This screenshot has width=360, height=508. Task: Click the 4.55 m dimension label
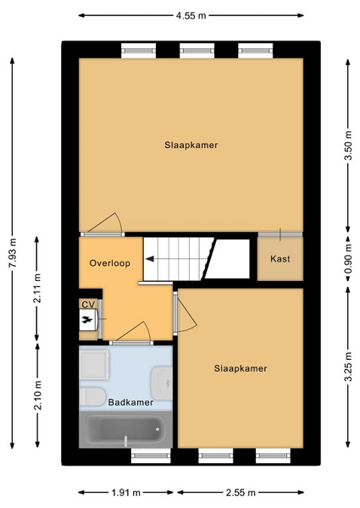(x=191, y=15)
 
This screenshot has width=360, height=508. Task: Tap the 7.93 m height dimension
(x=13, y=252)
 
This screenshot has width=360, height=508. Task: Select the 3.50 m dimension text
(x=348, y=146)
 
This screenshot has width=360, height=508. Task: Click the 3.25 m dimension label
(x=348, y=367)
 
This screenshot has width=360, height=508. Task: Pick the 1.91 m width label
(x=125, y=493)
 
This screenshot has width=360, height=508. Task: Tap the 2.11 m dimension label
(x=37, y=289)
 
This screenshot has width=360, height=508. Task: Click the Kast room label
(x=280, y=259)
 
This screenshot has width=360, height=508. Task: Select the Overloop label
(x=110, y=262)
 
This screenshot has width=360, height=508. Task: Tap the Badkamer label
(x=130, y=402)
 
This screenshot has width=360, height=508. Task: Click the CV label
(x=88, y=305)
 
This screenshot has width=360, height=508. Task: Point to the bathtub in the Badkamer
(x=125, y=429)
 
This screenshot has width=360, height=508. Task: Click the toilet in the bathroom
(x=92, y=396)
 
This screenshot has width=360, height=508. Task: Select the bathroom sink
(x=162, y=384)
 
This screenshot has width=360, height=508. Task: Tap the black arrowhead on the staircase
(x=150, y=259)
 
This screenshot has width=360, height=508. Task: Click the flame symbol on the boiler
(x=87, y=320)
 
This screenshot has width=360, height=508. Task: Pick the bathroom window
(x=151, y=456)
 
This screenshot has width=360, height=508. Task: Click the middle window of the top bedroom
(x=197, y=51)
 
